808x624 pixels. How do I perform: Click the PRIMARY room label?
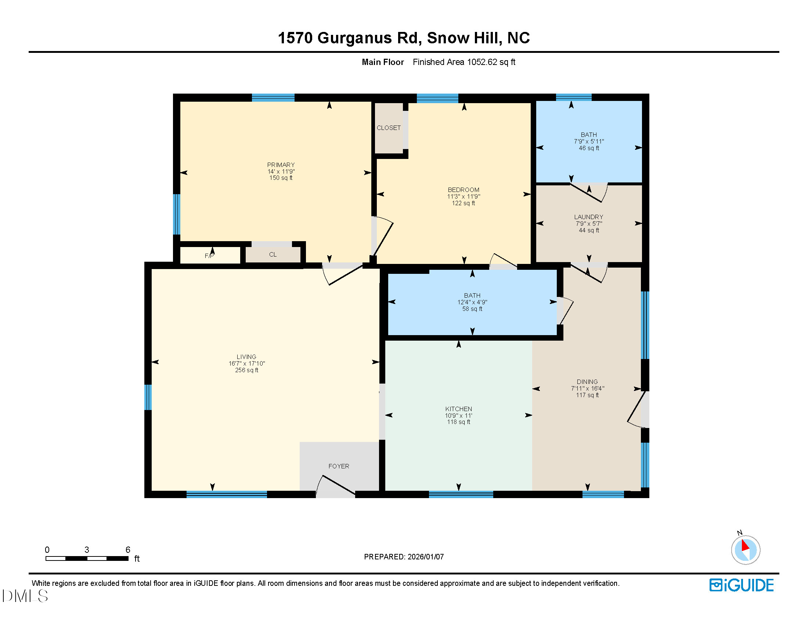pyautogui.click(x=281, y=165)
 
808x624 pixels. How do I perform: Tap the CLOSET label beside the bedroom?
pyautogui.click(x=389, y=128)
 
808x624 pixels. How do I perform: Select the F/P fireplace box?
pyautogui.click(x=209, y=255)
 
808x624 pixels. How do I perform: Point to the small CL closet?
pyautogui.click(x=273, y=255)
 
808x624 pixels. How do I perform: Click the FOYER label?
pyautogui.click(x=339, y=466)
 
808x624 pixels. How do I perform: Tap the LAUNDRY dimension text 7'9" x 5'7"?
pyautogui.click(x=589, y=224)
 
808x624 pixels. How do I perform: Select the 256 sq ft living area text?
pyautogui.click(x=246, y=370)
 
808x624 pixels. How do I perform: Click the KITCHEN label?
pyautogui.click(x=458, y=409)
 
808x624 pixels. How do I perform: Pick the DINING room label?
pyautogui.click(x=587, y=381)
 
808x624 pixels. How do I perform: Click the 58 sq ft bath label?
pyautogui.click(x=472, y=309)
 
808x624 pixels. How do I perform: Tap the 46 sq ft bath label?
pyautogui.click(x=589, y=148)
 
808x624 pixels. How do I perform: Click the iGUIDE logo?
pyautogui.click(x=742, y=585)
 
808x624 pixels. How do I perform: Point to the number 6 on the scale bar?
pyautogui.click(x=128, y=550)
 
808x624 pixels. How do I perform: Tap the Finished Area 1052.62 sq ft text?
pyautogui.click(x=464, y=62)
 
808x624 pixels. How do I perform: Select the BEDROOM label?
pyautogui.click(x=463, y=190)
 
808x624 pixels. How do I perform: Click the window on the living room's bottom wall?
pyautogui.click(x=226, y=495)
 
